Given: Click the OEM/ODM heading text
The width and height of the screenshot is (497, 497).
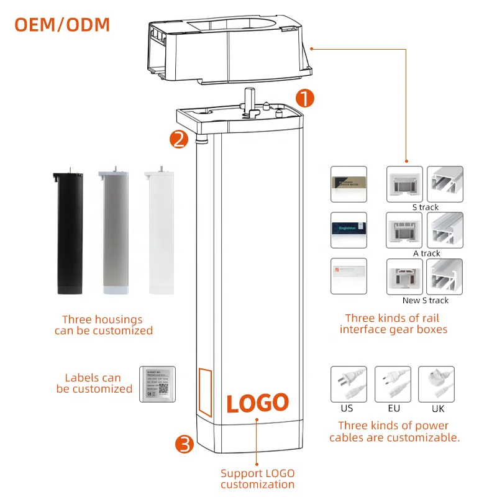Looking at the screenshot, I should [x=62, y=24].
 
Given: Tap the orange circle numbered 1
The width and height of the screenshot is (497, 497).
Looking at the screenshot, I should [x=304, y=98].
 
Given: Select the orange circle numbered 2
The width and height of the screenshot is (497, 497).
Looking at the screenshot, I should [x=178, y=139].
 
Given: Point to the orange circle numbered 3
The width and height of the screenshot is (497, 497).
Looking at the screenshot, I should [x=185, y=444].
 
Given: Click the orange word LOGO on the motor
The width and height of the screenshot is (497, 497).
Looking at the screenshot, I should [x=257, y=403].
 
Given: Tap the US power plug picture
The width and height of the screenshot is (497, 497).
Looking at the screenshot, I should [x=347, y=385].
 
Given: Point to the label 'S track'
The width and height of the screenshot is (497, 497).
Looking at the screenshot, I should [x=425, y=207].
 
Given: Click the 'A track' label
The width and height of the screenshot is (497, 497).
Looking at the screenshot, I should [x=426, y=253].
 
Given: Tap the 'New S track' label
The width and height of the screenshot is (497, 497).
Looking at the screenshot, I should [x=426, y=300].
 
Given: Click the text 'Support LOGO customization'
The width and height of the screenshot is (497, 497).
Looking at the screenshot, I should [x=257, y=479].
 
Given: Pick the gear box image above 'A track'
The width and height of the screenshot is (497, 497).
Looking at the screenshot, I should [x=404, y=230].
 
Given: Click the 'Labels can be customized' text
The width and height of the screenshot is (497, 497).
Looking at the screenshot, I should [x=94, y=383].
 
